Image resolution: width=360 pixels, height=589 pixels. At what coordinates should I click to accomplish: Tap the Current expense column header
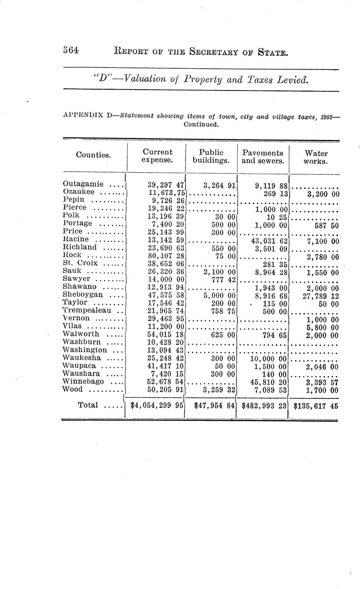pyautogui.click(x=157, y=156)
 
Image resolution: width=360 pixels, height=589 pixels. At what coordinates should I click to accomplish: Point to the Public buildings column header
pyautogui.click(x=211, y=156)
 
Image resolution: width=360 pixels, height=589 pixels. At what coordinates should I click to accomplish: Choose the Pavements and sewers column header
pyautogui.click(x=262, y=157)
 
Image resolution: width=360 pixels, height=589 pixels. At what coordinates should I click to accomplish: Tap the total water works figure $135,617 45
pyautogui.click(x=316, y=406)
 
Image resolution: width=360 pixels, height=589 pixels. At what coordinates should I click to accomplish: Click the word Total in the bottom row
pyautogui.click(x=88, y=405)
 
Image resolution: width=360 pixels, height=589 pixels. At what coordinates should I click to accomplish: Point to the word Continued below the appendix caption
pyautogui.click(x=201, y=125)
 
